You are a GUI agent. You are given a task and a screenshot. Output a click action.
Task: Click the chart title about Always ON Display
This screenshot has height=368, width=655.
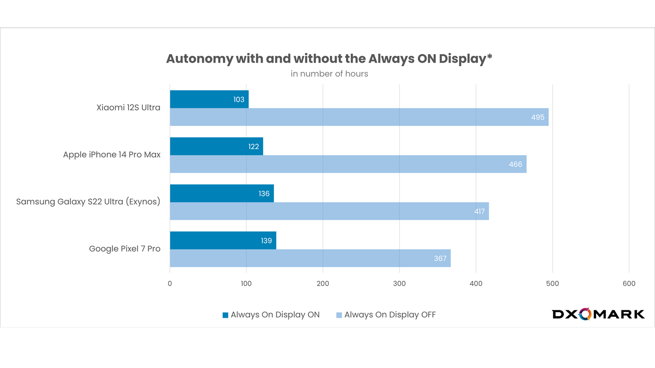pyautogui.click(x=329, y=59)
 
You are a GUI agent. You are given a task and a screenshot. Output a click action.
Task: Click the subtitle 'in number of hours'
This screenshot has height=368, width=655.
pyautogui.click(x=329, y=74)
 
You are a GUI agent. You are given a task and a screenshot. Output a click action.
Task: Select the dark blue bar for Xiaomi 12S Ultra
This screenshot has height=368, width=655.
pyautogui.click(x=209, y=99)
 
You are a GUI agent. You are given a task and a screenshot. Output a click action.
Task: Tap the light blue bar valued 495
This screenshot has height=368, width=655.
pyautogui.click(x=359, y=117)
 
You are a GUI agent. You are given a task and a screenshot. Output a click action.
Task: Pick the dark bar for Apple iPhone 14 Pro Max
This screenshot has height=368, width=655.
pyautogui.click(x=216, y=147)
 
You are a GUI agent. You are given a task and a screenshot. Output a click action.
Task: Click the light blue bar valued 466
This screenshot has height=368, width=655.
pyautogui.click(x=348, y=164)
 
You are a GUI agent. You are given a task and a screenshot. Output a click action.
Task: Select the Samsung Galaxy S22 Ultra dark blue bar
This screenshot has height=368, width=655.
pyautogui.click(x=221, y=194)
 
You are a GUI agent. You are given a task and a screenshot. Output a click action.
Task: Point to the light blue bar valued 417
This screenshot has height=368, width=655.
pyautogui.click(x=329, y=211)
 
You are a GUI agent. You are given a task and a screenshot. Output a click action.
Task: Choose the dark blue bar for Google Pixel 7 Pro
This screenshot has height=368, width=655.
pyautogui.click(x=223, y=241)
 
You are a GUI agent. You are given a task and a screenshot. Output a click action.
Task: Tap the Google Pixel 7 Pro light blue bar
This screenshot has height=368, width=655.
pyautogui.click(x=310, y=259)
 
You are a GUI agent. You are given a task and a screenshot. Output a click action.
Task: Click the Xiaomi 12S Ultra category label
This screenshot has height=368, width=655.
pyautogui.click(x=128, y=108)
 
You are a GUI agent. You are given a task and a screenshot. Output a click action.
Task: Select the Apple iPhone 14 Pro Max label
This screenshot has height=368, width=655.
pyautogui.click(x=112, y=155)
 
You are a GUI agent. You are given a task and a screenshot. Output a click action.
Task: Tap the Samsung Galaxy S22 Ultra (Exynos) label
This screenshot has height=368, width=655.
pyautogui.click(x=88, y=202)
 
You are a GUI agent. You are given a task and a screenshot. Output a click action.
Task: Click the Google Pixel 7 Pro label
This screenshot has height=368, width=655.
pyautogui.click(x=124, y=249)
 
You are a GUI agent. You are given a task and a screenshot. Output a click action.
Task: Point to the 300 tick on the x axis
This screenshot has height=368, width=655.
pyautogui.click(x=399, y=284)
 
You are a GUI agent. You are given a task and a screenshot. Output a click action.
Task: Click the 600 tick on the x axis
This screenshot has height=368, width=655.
pyautogui.click(x=629, y=284)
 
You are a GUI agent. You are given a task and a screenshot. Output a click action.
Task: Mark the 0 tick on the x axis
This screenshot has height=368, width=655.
pyautogui.click(x=170, y=284)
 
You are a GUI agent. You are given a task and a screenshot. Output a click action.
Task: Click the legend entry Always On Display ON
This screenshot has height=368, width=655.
pyautogui.click(x=271, y=315)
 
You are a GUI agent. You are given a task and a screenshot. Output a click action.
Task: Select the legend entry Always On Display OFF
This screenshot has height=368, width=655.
pyautogui.click(x=386, y=315)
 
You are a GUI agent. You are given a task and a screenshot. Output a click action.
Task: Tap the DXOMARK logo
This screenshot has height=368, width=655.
pyautogui.click(x=598, y=314)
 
